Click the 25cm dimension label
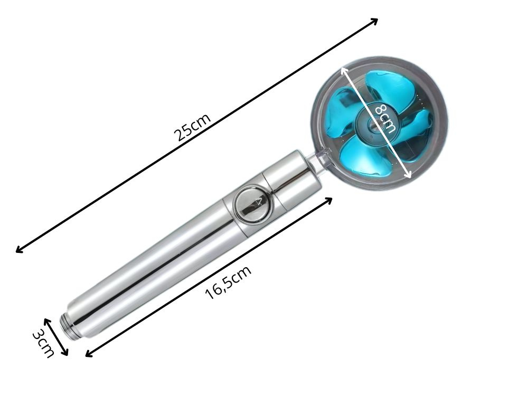coord(193,127)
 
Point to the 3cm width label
coord(43,343)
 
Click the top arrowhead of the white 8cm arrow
coord(343,69)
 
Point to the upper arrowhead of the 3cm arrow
coord(46,320)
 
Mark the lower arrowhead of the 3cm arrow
coord(66,354)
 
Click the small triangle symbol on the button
coord(258,201)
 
